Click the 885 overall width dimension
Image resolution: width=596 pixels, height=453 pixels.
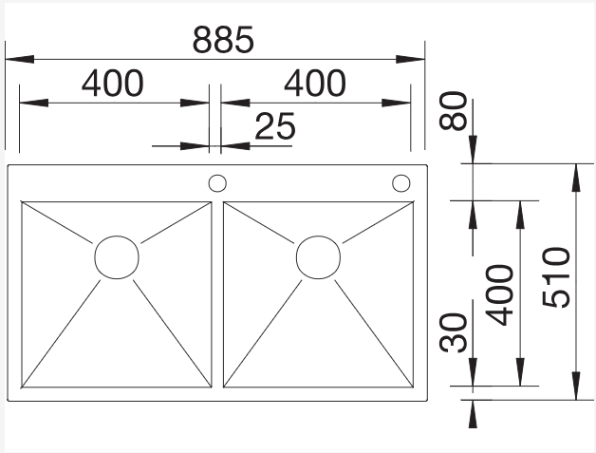coord(223,40)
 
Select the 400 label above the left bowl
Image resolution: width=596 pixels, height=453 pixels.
coord(113,83)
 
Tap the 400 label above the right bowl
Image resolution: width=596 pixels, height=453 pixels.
coord(315,83)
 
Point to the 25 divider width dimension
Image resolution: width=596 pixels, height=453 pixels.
coord(275,126)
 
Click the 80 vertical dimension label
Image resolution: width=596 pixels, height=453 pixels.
coord(453,110)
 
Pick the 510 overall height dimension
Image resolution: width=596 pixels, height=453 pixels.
coord(556,277)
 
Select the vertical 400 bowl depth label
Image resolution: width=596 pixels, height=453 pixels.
coord(499,295)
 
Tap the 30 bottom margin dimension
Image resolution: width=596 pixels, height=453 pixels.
coord(453,332)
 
